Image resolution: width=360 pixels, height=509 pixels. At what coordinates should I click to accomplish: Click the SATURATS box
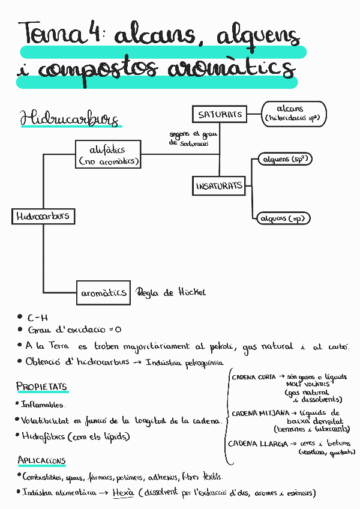click(219, 114)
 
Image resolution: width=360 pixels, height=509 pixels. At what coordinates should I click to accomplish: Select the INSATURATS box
click(219, 186)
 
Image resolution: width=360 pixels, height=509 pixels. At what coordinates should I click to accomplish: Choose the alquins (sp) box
click(282, 218)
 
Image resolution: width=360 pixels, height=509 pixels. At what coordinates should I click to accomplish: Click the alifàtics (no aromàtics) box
click(109, 154)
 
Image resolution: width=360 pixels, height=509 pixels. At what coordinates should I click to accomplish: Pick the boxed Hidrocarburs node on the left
click(43, 216)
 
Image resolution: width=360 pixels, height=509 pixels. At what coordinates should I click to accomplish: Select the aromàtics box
click(103, 292)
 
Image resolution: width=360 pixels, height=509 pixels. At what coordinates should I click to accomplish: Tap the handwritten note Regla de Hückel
click(171, 292)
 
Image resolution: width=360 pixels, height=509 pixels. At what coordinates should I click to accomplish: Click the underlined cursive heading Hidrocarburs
click(69, 119)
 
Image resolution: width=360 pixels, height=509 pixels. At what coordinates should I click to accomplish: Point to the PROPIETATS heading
click(41, 386)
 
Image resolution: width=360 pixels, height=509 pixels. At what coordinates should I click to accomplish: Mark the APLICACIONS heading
click(41, 461)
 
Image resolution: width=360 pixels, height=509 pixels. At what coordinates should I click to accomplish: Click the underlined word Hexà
click(122, 493)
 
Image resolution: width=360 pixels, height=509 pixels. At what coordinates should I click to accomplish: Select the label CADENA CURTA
click(254, 377)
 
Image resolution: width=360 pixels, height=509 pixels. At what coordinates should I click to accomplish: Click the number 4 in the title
click(93, 33)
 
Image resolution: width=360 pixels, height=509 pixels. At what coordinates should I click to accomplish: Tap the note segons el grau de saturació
click(193, 139)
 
